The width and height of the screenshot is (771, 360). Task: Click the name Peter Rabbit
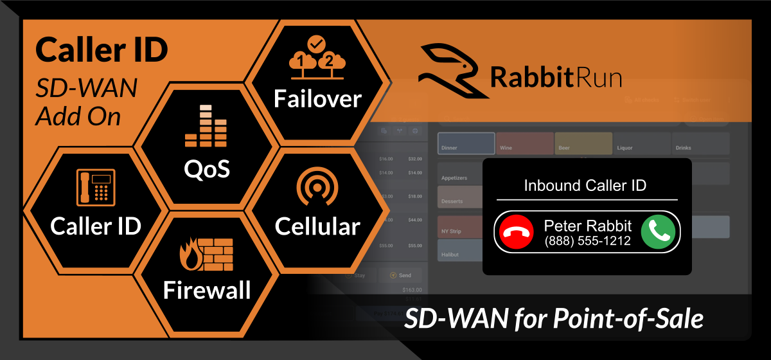point(587,226)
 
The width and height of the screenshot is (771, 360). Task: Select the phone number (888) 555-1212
point(587,242)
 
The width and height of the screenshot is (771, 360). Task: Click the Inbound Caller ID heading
point(585,186)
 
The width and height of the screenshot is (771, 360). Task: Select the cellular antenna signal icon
point(317,188)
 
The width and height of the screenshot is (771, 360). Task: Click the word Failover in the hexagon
point(317,98)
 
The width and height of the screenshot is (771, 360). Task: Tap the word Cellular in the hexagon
point(317,226)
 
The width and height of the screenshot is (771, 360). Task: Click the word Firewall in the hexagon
point(207,290)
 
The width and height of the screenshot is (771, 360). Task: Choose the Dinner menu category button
point(466,143)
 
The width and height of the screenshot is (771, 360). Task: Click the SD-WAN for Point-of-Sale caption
point(554,319)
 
